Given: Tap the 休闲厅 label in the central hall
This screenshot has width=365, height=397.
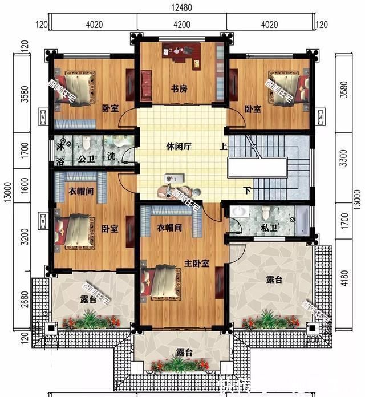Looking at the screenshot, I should click(180, 146).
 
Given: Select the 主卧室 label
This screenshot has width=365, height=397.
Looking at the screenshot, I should click(197, 263).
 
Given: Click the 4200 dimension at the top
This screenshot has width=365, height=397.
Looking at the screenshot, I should click(182, 25).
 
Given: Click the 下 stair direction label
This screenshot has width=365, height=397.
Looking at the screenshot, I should click(247, 190).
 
